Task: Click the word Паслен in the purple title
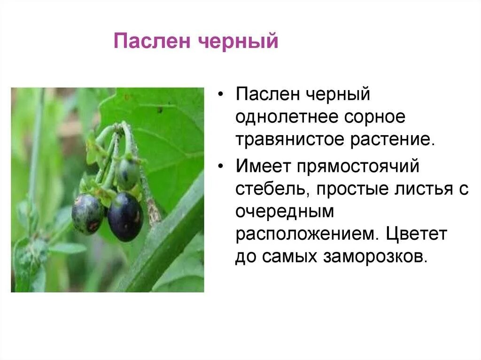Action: (152, 41)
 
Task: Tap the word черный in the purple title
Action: (238, 41)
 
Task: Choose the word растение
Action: (393, 140)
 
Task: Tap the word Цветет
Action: (416, 234)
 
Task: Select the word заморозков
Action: (375, 257)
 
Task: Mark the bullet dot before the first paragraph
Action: (221, 94)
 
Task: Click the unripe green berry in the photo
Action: (127, 174)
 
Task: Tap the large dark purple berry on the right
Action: (125, 216)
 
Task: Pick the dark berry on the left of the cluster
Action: (87, 214)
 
